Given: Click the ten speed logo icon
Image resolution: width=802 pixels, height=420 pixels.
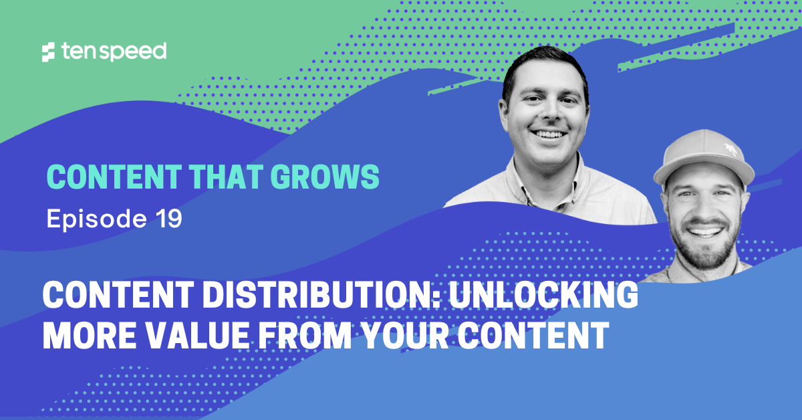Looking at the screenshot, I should (47, 52).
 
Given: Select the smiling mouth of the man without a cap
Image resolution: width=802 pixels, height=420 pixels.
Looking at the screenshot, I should (549, 134).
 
